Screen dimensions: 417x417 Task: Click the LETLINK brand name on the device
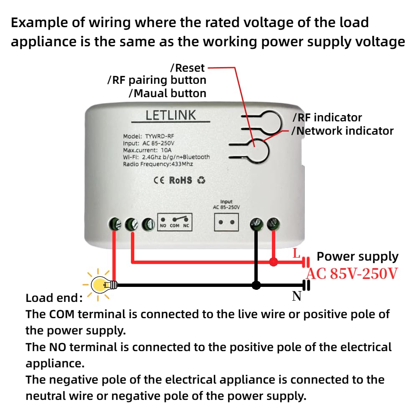171,116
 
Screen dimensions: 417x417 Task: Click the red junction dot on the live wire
274,262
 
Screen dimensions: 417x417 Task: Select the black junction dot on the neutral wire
256,285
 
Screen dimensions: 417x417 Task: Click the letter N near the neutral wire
297,296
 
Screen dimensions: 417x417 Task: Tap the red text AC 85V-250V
352,274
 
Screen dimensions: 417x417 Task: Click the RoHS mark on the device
181,180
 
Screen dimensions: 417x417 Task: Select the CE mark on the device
159,180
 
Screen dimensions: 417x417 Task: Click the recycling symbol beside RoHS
201,180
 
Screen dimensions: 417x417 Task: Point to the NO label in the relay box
163,226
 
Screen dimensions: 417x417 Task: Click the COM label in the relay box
174,226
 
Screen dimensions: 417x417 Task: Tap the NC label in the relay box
186,226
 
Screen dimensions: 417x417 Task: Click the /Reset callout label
188,68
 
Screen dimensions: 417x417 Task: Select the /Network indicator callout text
342,131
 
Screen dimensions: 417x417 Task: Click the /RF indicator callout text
327,118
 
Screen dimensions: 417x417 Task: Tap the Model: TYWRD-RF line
148,136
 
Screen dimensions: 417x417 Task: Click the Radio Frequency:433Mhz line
158,164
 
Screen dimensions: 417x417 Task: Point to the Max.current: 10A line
147,150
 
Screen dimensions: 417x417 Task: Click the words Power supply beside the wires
357,257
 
